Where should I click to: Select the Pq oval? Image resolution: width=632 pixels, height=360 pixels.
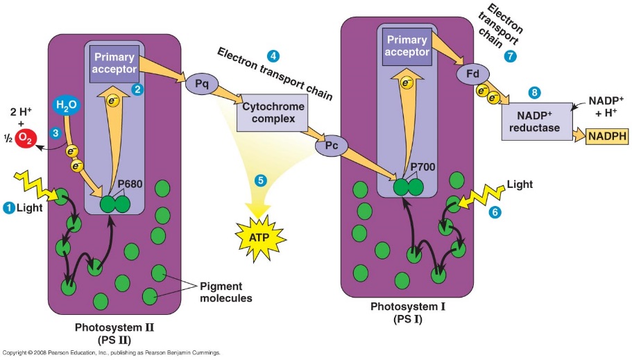tap(202, 85)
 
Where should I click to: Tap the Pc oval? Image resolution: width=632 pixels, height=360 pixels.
tap(331, 147)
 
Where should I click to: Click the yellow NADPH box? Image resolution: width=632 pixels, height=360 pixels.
tap(607, 137)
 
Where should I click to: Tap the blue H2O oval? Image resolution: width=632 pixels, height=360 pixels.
tap(67, 106)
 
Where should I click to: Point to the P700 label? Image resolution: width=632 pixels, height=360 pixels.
tap(423, 167)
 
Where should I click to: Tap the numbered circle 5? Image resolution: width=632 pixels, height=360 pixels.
tap(261, 180)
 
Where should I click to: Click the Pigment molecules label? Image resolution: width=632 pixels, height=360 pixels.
tap(225, 292)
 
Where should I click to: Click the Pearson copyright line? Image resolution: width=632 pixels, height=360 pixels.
tap(111, 353)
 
